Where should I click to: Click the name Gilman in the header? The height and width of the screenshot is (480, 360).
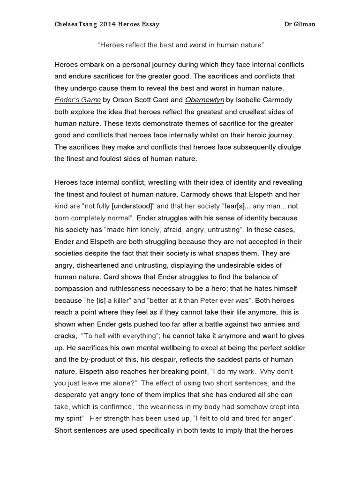[x=304, y=24]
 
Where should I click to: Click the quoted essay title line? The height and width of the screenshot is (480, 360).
[x=181, y=46]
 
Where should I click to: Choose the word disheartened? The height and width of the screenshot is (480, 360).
[x=101, y=265]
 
